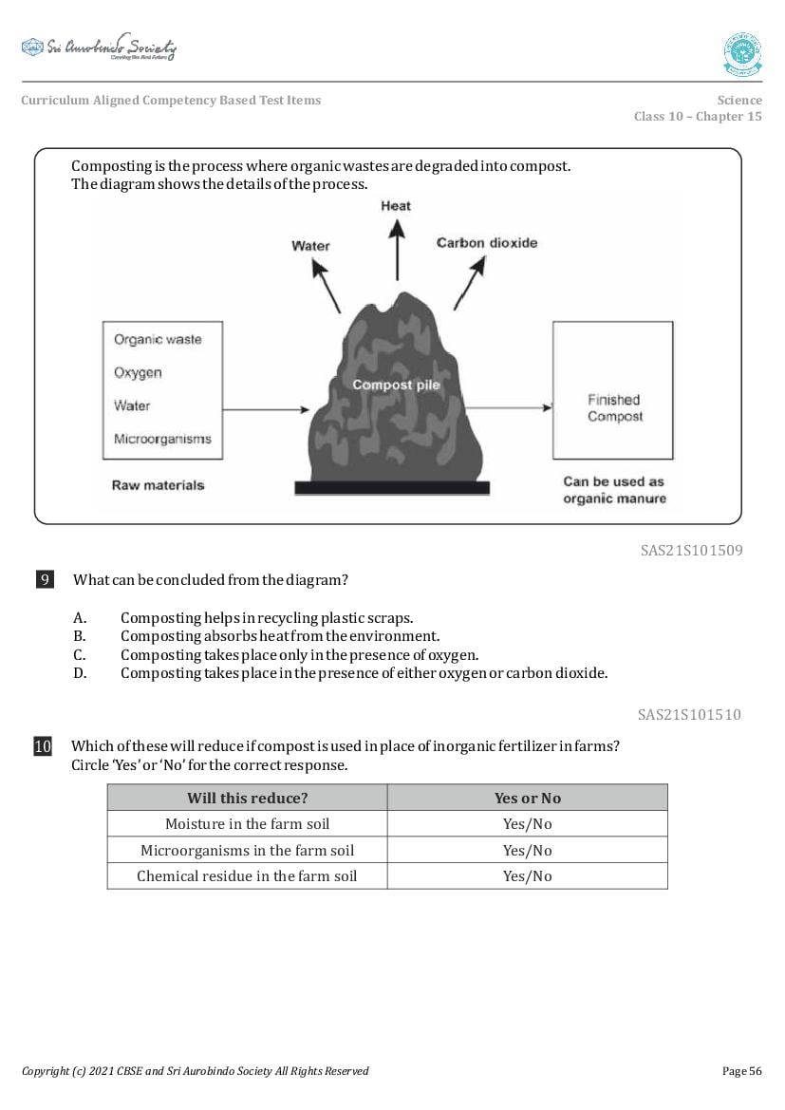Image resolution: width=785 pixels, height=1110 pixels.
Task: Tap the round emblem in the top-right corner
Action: point(742,53)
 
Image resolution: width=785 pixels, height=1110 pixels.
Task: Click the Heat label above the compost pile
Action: point(396,206)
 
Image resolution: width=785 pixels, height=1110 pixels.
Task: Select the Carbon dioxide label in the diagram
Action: point(487,243)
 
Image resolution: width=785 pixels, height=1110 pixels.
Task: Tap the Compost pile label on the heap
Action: point(396,385)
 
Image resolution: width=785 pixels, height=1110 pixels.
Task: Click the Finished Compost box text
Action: point(614,408)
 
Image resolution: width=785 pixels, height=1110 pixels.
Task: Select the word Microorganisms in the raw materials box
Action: point(162,439)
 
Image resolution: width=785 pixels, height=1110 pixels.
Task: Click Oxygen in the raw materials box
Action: point(138,372)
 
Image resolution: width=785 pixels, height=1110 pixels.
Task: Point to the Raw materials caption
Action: point(158,485)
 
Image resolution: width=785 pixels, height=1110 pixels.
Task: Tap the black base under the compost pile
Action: point(392,487)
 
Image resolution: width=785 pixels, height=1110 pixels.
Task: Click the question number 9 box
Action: point(45,579)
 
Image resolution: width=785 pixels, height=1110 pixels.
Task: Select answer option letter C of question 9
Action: point(80,655)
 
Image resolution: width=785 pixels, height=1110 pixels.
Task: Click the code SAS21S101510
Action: point(689,715)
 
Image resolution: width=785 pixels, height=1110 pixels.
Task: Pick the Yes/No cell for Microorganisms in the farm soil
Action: point(527,850)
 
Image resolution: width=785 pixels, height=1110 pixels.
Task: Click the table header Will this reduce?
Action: point(247,798)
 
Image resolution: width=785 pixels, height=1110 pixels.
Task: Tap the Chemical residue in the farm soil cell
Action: point(247,875)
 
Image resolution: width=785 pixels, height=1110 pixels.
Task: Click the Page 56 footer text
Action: point(741,1071)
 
